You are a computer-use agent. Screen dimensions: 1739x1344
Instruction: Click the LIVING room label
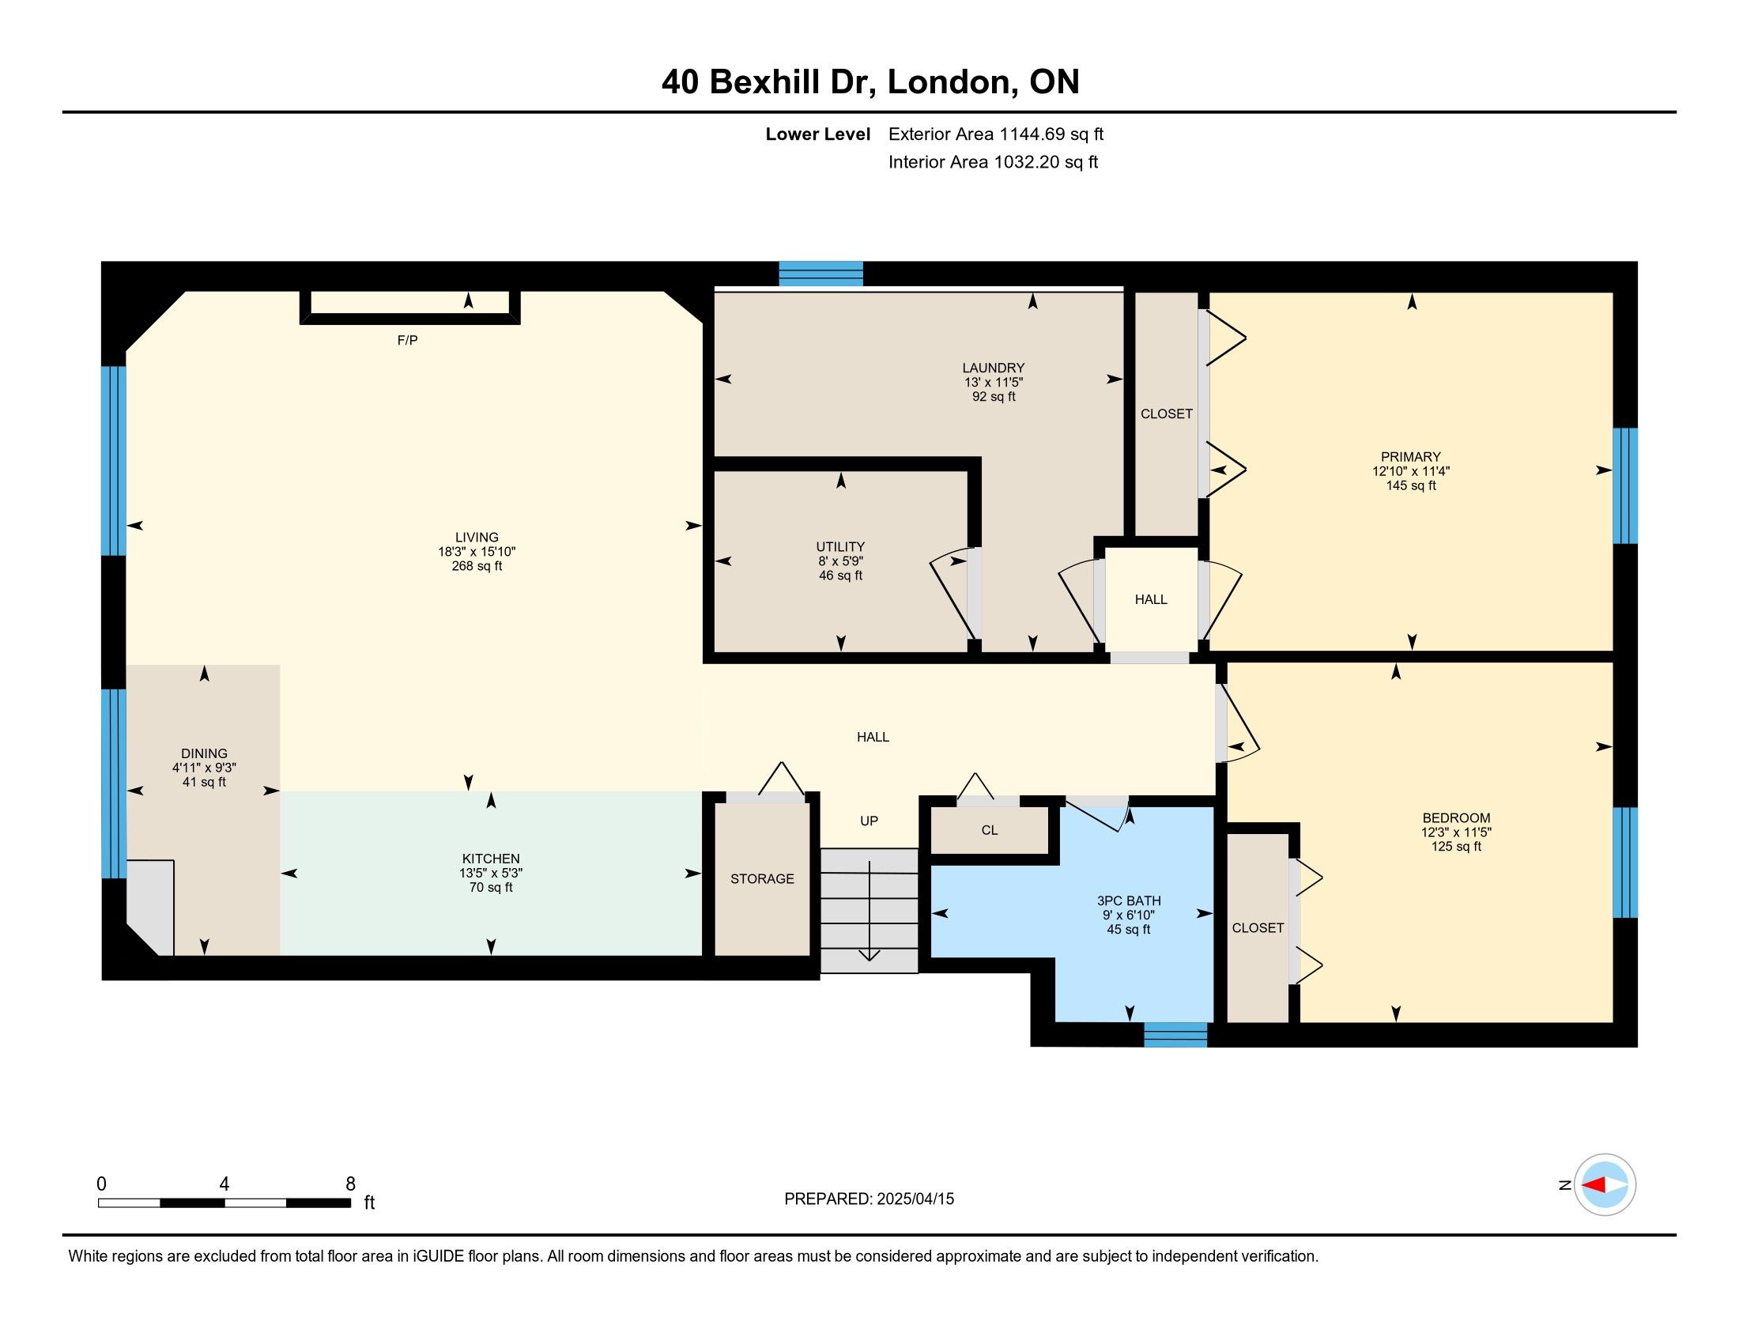tap(477, 538)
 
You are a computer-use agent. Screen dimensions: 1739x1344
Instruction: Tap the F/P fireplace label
tap(408, 340)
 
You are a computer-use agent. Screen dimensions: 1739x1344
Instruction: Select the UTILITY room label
tap(840, 547)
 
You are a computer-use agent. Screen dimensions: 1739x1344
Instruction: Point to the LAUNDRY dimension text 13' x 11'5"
tap(994, 382)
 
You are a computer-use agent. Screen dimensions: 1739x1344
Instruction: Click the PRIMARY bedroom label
tap(1411, 457)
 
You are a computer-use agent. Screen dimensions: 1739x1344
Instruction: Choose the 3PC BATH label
tap(1128, 900)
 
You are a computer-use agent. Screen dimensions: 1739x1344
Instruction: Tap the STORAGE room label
tap(762, 878)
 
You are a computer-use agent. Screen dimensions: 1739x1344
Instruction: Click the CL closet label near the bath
tap(990, 830)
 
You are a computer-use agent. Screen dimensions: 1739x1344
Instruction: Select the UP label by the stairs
tap(869, 821)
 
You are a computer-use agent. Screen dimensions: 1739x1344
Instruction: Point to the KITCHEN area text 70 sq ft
tap(492, 887)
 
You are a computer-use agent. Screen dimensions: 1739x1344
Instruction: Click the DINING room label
tap(205, 753)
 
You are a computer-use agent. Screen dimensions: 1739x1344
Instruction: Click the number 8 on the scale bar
tap(350, 1184)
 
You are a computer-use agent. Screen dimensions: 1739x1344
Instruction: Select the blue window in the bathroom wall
tap(1175, 1034)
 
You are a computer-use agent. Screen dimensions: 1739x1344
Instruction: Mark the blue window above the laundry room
tap(821, 273)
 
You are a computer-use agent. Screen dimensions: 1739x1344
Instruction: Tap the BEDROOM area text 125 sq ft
tap(1456, 847)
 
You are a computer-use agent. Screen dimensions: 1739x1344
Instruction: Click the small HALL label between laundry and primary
tap(1151, 599)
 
